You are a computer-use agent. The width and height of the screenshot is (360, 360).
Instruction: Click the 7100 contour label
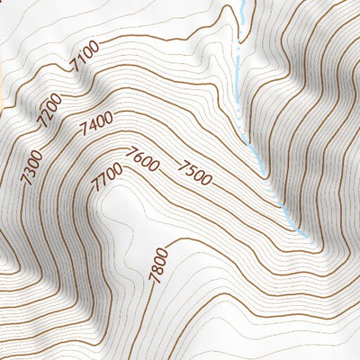pos(85,60)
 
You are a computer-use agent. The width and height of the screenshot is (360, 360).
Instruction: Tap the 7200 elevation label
pos(49,107)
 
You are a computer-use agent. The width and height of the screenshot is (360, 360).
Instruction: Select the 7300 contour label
pos(31,166)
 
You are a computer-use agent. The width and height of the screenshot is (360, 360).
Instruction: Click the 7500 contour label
pos(195,172)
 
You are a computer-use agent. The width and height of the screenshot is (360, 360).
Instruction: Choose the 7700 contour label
pos(106,177)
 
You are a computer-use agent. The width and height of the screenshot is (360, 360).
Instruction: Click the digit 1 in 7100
pos(82,63)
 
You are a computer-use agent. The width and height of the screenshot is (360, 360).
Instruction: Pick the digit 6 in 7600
pos(139,157)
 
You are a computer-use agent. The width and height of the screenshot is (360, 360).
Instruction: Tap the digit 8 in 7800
pos(157,269)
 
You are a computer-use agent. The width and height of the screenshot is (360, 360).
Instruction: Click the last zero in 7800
pos(162,251)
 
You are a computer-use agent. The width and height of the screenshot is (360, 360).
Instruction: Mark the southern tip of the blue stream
pos(309,238)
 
